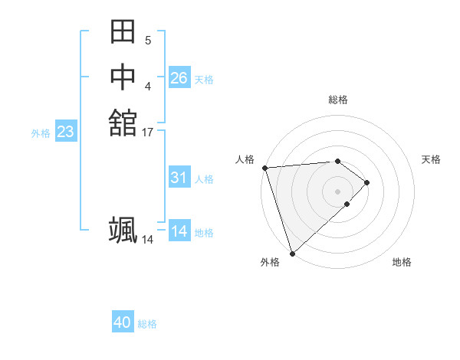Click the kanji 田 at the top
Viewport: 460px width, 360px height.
point(123,32)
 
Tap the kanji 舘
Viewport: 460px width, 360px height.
point(123,123)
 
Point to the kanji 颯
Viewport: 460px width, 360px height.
point(123,230)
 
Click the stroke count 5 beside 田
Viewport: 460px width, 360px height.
point(147,41)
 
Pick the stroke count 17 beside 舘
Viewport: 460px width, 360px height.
point(148,133)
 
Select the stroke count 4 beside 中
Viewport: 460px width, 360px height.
point(147,86)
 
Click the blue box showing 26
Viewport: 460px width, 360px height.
point(179,78)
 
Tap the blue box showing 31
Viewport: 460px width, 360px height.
point(179,178)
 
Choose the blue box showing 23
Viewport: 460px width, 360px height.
point(65,132)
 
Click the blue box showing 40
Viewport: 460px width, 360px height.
point(123,322)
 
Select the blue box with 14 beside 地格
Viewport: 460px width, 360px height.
point(179,231)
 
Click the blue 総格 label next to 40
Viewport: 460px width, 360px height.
point(147,324)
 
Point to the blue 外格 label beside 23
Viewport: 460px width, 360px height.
point(41,133)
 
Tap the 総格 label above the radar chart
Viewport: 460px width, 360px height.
point(338,100)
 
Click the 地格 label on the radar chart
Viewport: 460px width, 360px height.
point(402,262)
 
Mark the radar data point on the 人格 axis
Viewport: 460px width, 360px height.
point(264,168)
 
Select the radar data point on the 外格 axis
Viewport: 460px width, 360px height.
point(292,252)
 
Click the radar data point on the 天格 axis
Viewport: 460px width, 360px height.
point(367,182)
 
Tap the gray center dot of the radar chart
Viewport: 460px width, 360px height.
point(337,191)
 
